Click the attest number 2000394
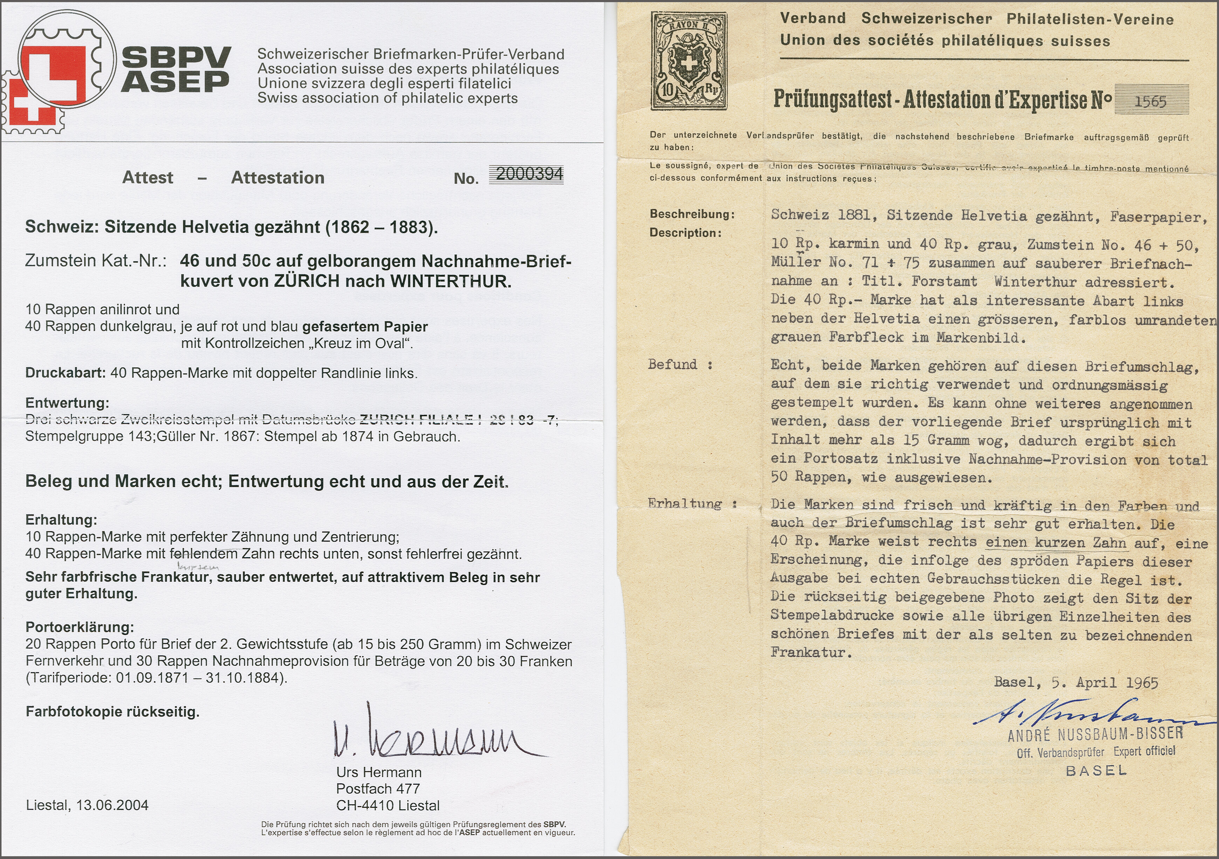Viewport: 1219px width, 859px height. [x=529, y=175]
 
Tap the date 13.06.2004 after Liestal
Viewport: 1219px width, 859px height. [x=112, y=805]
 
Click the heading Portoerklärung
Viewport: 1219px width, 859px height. [x=80, y=627]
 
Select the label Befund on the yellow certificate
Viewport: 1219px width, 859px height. [x=673, y=364]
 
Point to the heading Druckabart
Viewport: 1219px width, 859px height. [x=65, y=373]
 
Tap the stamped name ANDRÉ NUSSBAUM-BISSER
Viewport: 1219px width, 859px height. [x=1095, y=735]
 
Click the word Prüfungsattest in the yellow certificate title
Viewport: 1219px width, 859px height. [x=832, y=99]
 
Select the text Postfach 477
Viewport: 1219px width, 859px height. [x=378, y=789]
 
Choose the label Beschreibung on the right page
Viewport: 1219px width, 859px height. [x=692, y=215]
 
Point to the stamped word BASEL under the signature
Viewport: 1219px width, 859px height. [x=1096, y=770]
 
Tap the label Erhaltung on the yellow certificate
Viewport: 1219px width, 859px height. [x=685, y=503]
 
